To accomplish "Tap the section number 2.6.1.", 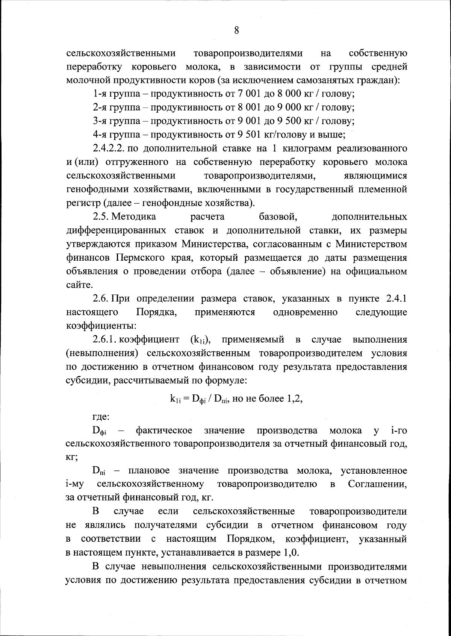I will tap(105, 340).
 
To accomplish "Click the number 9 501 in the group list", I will tap(248, 134).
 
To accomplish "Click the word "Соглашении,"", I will tap(377, 484).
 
